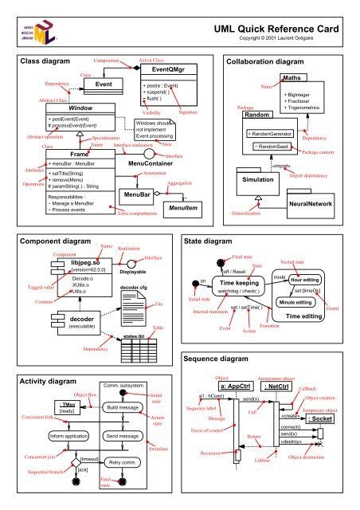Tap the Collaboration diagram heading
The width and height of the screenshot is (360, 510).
click(x=272, y=61)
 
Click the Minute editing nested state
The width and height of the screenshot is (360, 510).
click(x=306, y=304)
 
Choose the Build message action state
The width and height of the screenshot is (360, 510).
click(x=123, y=407)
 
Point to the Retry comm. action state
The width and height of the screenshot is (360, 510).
click(x=124, y=461)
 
